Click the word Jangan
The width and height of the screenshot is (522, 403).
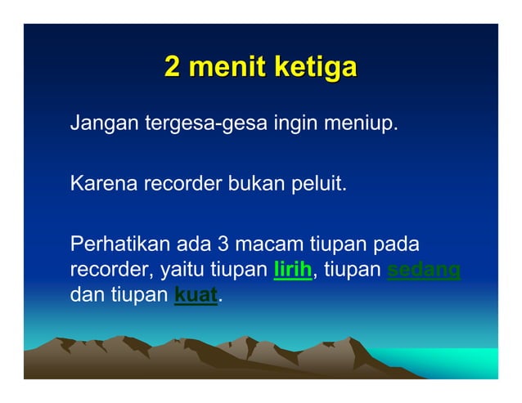104,127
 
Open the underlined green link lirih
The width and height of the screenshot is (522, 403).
292,270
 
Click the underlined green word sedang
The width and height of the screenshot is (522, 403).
423,270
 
